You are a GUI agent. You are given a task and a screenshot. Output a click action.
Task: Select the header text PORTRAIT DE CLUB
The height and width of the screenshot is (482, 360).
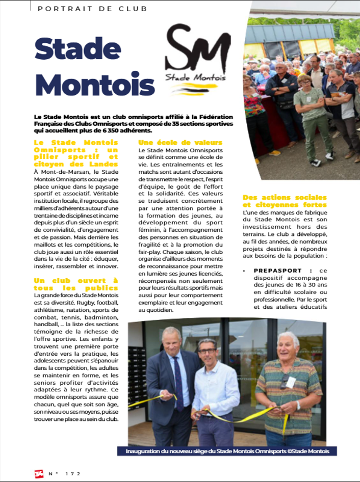[x=92, y=9]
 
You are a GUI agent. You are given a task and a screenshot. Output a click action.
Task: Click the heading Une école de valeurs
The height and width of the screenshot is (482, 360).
[x=181, y=143]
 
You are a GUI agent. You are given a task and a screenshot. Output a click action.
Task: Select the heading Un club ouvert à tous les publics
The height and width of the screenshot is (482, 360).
[x=76, y=284]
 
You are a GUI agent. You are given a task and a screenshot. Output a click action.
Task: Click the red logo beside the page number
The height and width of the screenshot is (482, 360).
[x=39, y=474]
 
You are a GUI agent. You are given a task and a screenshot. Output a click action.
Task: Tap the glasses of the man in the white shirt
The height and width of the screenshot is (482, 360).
[x=207, y=351]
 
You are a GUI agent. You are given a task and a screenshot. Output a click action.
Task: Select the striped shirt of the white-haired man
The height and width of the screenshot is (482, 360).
[x=288, y=387]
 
